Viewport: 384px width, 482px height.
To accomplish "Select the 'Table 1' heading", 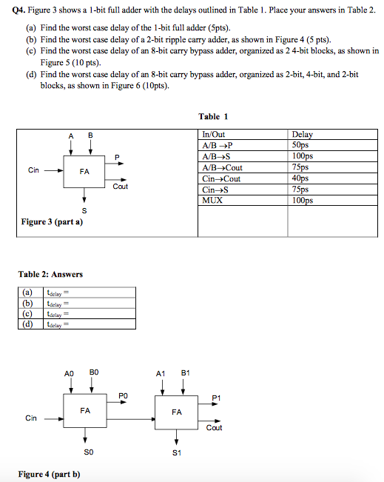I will [213, 116].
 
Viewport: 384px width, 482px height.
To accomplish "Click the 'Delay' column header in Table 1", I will [303, 135].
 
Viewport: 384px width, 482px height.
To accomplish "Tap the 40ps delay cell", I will [302, 178].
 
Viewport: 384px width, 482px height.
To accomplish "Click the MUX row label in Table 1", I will [212, 200].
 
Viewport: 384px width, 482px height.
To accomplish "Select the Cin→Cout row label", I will [220, 178].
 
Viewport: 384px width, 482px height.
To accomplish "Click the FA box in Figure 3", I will [85, 171].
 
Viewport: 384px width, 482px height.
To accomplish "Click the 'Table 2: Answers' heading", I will [50, 274].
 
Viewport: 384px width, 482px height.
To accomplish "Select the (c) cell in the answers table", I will [28, 313].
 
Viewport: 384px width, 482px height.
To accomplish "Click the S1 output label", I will [175, 452].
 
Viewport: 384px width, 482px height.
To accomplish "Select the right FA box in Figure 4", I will [176, 412].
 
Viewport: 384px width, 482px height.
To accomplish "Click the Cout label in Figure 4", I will [214, 427].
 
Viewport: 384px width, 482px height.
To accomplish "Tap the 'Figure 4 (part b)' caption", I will [50, 474].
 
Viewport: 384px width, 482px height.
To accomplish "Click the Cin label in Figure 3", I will [33, 170].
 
